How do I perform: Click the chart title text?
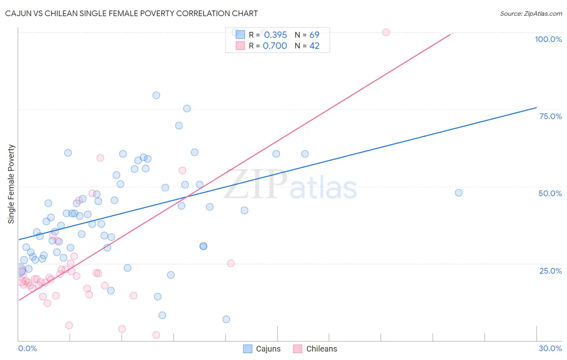click(x=131, y=13)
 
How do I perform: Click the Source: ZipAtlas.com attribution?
click(x=531, y=13)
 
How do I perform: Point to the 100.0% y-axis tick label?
click(x=548, y=39)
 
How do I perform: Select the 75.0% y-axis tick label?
click(x=550, y=116)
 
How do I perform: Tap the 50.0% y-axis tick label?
click(x=550, y=193)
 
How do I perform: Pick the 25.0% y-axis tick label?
click(x=550, y=270)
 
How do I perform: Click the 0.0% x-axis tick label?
click(x=27, y=348)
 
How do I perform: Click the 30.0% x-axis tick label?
click(x=550, y=348)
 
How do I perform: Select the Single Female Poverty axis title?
click(x=11, y=184)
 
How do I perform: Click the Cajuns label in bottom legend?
click(x=268, y=349)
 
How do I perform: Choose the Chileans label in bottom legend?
click(x=321, y=349)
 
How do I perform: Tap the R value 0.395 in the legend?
click(x=275, y=35)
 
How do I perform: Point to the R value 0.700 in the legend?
click(x=275, y=46)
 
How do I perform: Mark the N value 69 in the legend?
click(x=314, y=35)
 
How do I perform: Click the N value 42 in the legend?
click(x=314, y=46)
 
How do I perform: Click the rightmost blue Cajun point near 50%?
click(x=459, y=193)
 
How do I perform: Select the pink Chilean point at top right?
click(x=386, y=32)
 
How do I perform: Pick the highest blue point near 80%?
click(x=156, y=95)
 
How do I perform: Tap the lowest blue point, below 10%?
click(x=226, y=319)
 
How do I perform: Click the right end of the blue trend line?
click(x=536, y=107)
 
